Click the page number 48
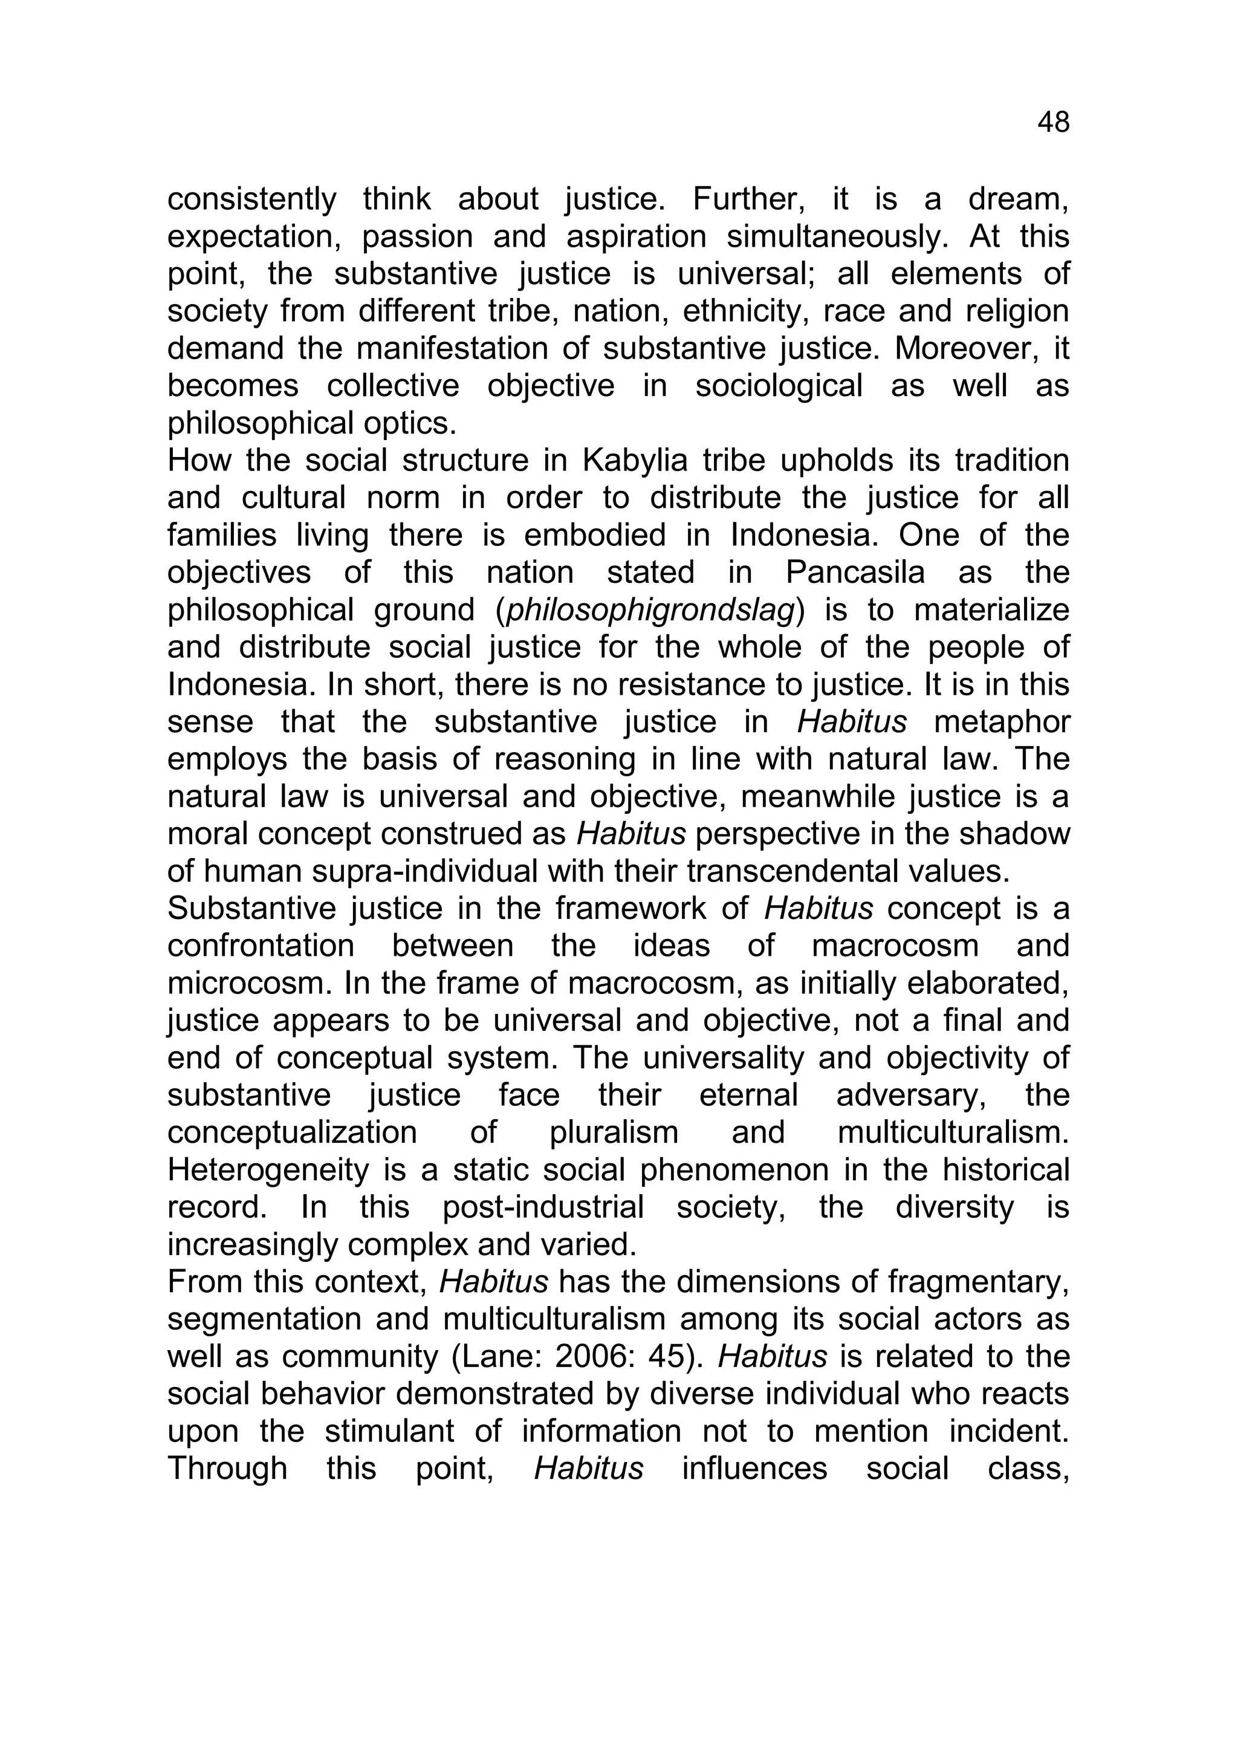[1053, 123]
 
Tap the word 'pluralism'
[614, 1132]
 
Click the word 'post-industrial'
[543, 1207]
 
